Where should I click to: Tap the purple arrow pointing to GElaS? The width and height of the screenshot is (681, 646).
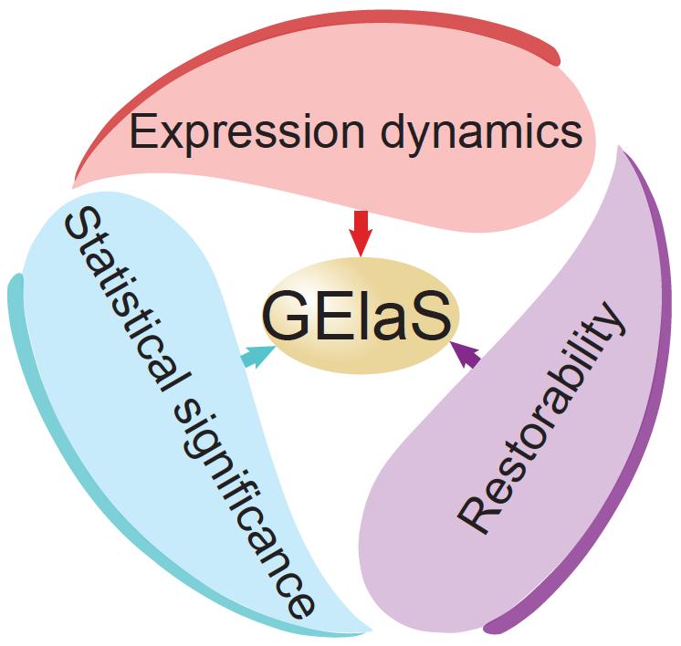coord(466,351)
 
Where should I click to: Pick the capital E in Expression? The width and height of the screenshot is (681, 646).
coord(145,134)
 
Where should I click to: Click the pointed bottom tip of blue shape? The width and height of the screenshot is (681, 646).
coord(370,629)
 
